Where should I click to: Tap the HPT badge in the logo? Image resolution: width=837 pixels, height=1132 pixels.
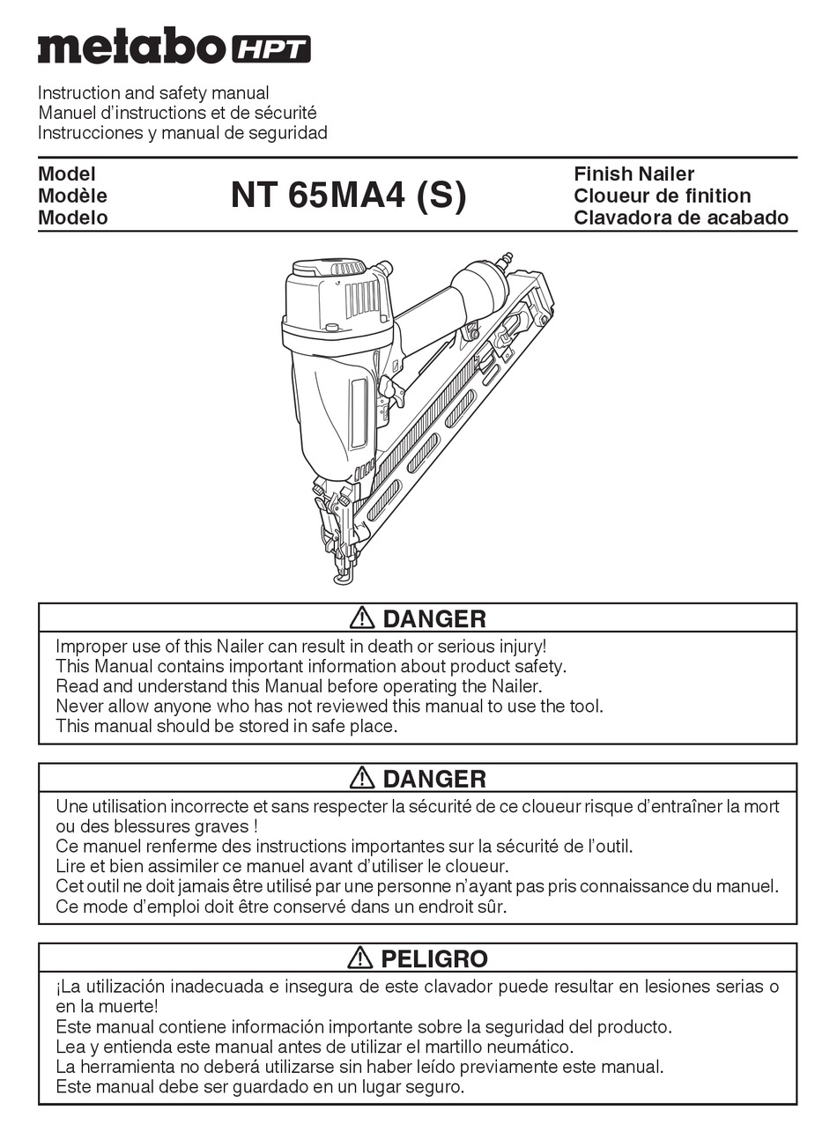tap(270, 49)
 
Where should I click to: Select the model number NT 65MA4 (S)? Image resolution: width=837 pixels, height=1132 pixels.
tap(349, 195)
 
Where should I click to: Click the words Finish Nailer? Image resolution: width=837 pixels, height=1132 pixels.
tap(633, 174)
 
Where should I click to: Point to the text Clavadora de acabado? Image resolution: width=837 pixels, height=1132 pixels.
tap(680, 218)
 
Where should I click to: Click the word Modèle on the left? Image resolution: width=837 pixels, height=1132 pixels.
tap(72, 196)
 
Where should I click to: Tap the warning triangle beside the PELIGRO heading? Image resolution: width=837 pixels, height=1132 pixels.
tap(359, 958)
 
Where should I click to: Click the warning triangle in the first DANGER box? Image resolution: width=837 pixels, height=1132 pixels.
tap(361, 618)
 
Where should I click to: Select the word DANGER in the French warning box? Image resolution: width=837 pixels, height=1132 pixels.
tap(434, 778)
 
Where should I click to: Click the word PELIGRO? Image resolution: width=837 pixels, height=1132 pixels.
tap(434, 958)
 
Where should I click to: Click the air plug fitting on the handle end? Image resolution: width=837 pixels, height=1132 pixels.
tap(506, 260)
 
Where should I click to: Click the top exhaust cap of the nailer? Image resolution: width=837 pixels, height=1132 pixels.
tap(330, 267)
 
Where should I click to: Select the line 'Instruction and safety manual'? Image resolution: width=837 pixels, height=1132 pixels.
tap(153, 92)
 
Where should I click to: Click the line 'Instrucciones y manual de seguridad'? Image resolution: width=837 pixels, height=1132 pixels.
tap(182, 133)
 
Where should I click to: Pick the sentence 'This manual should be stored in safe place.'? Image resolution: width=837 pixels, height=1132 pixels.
tap(226, 726)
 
